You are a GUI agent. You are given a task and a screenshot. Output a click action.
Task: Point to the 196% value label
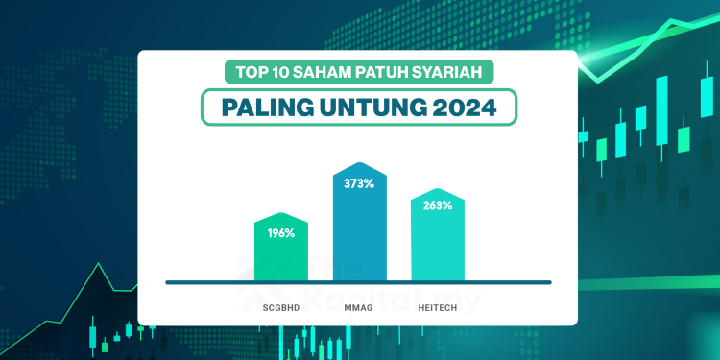(281, 232)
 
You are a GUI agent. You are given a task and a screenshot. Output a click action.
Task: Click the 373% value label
(360, 185)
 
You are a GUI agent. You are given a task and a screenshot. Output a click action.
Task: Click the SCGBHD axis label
(281, 306)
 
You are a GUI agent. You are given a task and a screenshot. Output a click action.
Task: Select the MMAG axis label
(360, 306)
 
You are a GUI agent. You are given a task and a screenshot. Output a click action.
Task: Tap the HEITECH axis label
(438, 306)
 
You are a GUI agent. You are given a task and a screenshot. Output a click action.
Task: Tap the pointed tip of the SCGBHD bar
(281, 213)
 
